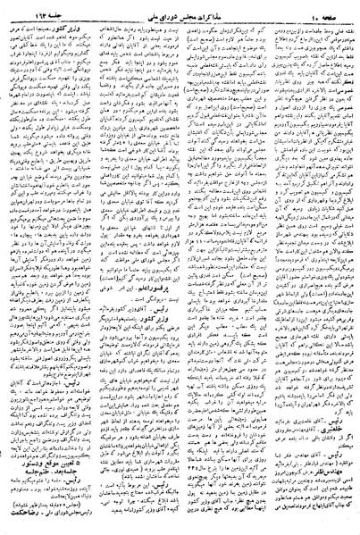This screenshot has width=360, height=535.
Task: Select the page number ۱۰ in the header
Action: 303,11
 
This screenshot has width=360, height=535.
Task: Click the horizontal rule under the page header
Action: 180,19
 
